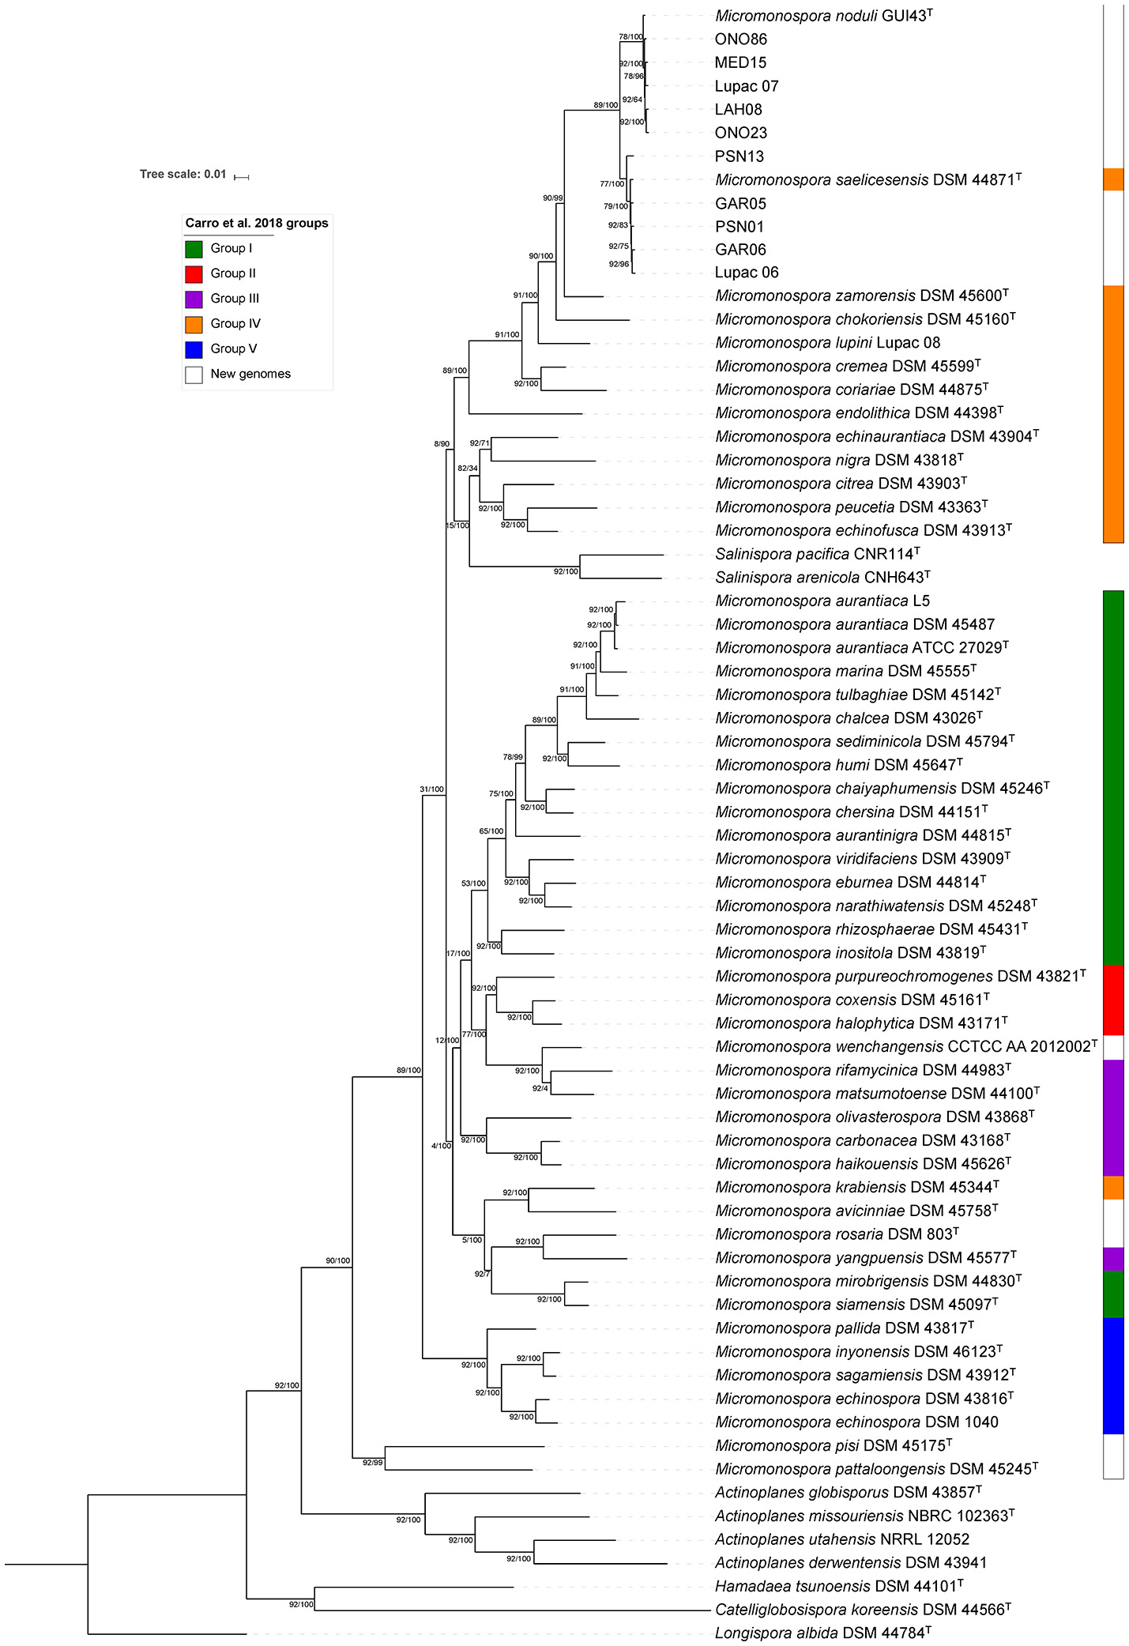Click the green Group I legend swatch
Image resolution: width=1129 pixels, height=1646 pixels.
[194, 249]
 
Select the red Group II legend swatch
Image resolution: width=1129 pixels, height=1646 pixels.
[194, 274]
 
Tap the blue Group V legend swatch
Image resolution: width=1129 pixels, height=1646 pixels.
[194, 349]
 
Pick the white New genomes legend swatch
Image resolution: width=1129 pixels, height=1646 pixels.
[194, 375]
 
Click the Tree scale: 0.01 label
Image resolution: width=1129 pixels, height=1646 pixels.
[183, 175]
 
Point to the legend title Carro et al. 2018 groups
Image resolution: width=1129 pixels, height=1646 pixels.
[257, 224]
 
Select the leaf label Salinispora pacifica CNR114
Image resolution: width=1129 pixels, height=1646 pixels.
[817, 554]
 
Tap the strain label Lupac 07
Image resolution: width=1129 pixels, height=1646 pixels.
[747, 86]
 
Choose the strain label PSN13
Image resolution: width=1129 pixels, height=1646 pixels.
[739, 156]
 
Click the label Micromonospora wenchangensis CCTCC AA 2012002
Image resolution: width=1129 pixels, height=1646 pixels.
[905, 1047]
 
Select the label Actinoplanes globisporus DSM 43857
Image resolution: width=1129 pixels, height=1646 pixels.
[848, 1493]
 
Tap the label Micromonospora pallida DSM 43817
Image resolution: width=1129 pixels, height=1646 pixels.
[844, 1328]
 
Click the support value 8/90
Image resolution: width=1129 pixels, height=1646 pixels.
[442, 444]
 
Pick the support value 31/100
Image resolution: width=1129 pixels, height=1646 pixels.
[431, 789]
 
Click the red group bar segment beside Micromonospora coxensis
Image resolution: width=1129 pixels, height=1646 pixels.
[1113, 1000]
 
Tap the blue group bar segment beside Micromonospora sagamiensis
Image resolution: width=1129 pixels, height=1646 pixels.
[1113, 1376]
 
